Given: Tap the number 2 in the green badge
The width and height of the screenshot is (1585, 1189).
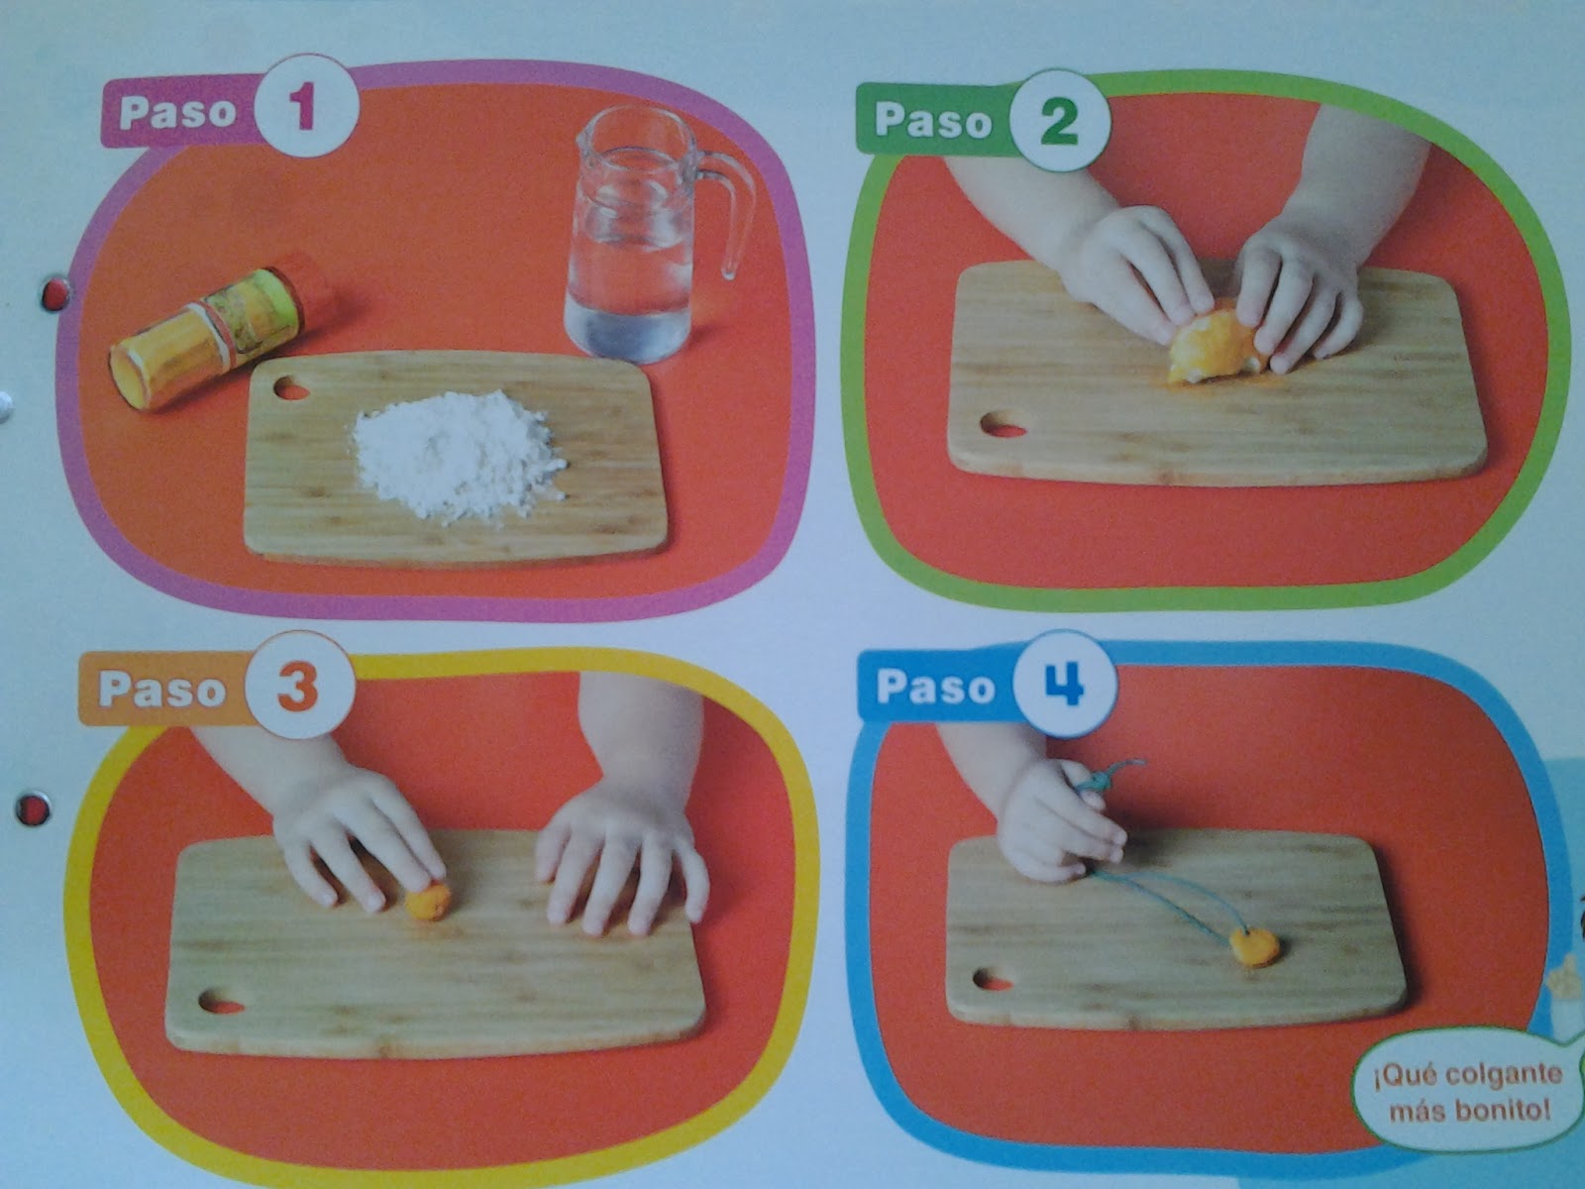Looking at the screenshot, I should click(x=1059, y=122).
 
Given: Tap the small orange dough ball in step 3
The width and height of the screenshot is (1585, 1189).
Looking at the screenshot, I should click(x=429, y=901).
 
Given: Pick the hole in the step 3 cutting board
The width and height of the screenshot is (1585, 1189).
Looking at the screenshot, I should click(x=220, y=1004).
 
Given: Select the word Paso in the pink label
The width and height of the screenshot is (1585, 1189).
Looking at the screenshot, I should click(x=177, y=111).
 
